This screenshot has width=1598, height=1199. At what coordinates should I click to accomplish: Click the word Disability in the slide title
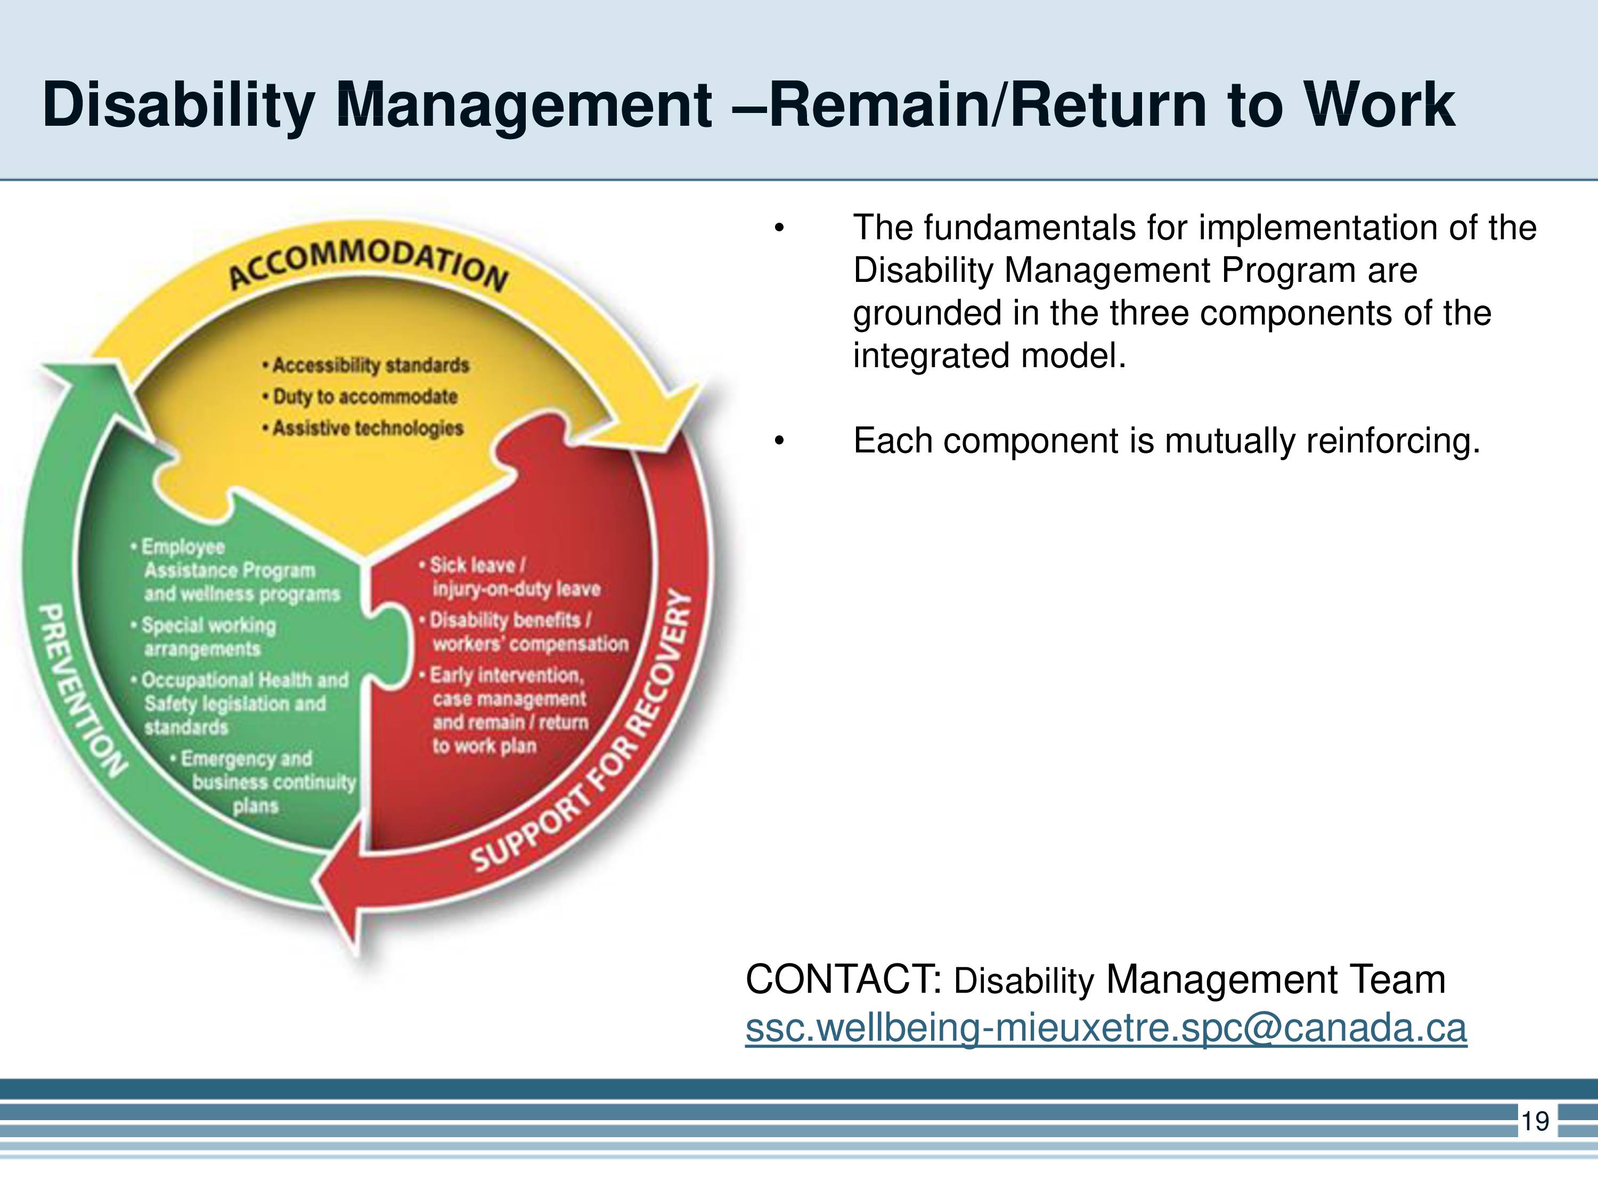[x=178, y=105]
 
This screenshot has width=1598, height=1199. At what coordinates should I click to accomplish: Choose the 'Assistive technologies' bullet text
[x=363, y=428]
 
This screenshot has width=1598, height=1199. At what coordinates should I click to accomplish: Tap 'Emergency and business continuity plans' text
[x=263, y=782]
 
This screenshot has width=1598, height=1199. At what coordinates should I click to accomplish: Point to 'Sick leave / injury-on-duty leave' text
[x=510, y=577]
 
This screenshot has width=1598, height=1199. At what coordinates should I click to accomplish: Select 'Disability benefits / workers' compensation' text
[x=524, y=631]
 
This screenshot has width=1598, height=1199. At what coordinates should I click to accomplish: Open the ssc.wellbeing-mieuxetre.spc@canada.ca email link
[x=1106, y=1028]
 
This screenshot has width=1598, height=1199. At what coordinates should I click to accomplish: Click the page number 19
[x=1535, y=1121]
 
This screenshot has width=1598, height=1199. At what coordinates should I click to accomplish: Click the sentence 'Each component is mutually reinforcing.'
[x=1167, y=441]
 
